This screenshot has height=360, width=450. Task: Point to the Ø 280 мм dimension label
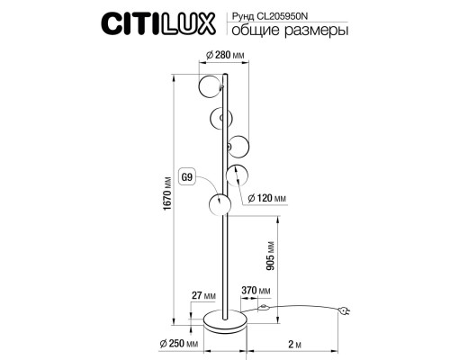click(226, 55)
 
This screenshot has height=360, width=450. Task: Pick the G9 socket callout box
click(187, 176)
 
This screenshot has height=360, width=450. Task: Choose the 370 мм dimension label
click(256, 291)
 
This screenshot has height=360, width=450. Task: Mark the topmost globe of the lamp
click(208, 89)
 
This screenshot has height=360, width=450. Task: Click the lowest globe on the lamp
click(220, 205)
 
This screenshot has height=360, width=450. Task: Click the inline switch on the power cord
click(263, 309)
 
